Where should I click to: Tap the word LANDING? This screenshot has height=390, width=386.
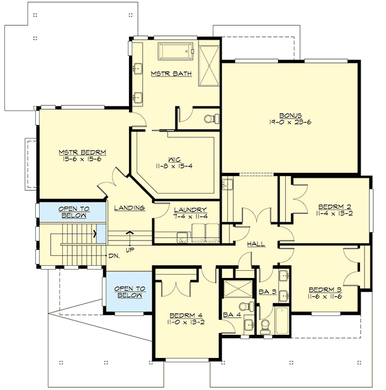(130, 208)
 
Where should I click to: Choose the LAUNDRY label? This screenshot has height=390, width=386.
(190, 210)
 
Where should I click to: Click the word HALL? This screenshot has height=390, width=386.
(256, 244)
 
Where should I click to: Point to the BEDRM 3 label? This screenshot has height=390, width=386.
(326, 290)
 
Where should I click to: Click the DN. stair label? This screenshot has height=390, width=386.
(115, 256)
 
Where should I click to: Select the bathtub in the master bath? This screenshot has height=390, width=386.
(176, 52)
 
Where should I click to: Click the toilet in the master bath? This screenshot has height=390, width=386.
(210, 118)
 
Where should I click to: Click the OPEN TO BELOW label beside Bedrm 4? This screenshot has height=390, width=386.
(129, 291)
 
